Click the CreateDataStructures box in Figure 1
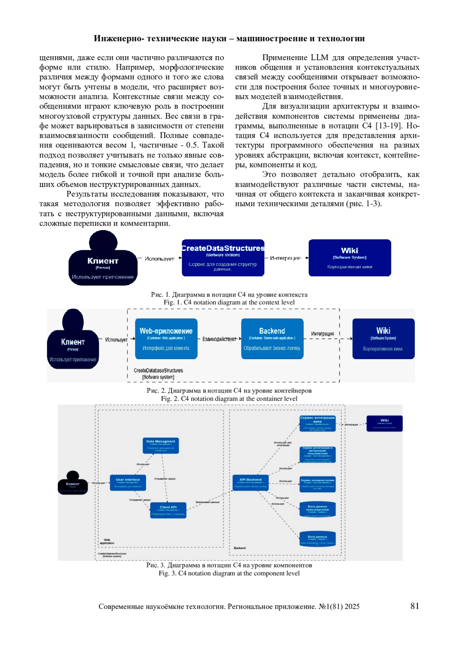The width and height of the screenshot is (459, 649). coord(223,258)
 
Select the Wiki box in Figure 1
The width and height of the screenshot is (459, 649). coord(350,258)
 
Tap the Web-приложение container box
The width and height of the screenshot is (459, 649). coord(166,338)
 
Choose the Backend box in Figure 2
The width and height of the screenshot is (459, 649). coord(272,338)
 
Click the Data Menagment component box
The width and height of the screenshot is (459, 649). coord(161,446)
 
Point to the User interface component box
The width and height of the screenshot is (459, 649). coord(128,483)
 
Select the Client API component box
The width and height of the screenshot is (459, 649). coord(168,510)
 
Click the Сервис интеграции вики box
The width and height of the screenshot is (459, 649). coord(317,423)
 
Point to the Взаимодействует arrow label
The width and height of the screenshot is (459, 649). coord(219,339)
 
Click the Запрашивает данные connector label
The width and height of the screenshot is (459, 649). coord(207,502)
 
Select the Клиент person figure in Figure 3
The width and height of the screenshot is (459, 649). coord(73,483)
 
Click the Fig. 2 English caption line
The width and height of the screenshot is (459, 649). coord(229,399)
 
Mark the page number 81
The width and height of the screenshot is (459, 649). coord(415,606)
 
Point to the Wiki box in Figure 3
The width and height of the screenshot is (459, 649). coord(384,423)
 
